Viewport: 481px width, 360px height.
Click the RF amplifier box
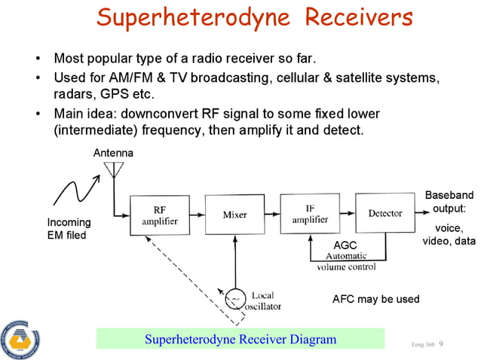(x=160, y=216)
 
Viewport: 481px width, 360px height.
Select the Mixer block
(x=234, y=215)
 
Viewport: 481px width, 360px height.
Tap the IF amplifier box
(x=310, y=214)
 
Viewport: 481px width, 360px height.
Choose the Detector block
(x=384, y=214)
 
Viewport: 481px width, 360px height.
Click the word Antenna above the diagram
(x=113, y=153)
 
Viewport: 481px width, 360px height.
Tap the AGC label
(x=345, y=246)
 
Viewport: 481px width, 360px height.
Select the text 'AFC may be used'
(x=375, y=299)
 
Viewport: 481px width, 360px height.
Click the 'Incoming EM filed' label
(x=69, y=229)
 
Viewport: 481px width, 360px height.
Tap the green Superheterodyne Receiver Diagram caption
(x=240, y=339)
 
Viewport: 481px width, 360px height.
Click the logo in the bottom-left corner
(x=20, y=338)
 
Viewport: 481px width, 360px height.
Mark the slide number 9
(x=441, y=343)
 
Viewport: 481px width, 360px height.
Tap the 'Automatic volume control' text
(x=346, y=261)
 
